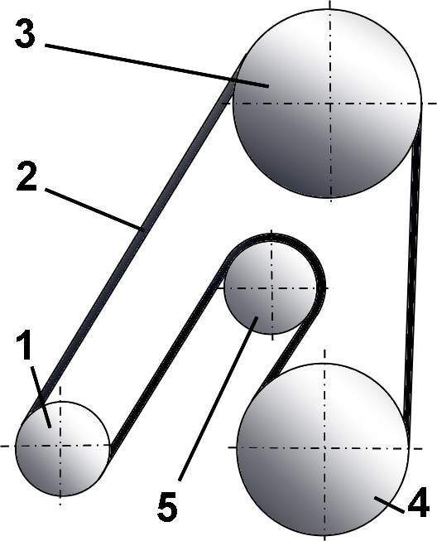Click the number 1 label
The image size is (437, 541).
click(25, 344)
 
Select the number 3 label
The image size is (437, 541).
click(25, 34)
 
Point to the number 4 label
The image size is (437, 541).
click(419, 502)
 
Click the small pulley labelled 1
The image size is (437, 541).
click(62, 448)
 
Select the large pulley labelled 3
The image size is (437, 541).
click(327, 104)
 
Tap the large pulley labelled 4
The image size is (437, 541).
click(323, 449)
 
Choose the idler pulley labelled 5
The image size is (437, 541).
click(271, 287)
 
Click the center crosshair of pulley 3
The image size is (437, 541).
click(330, 104)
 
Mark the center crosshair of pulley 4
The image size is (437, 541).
click(325, 448)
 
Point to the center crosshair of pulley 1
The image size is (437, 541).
click(60, 446)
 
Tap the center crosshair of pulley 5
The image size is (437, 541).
click(271, 287)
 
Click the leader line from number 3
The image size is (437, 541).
click(156, 65)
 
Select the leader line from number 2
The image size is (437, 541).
click(93, 209)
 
